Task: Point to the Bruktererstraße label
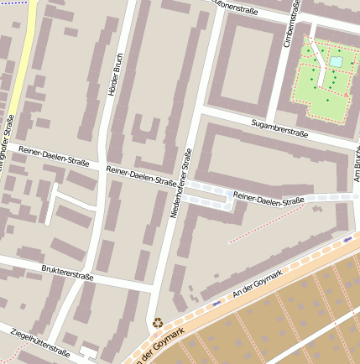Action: [67, 273]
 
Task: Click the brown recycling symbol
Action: [157, 321]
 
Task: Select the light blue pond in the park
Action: [336, 62]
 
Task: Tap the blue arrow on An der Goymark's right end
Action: [347, 239]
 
